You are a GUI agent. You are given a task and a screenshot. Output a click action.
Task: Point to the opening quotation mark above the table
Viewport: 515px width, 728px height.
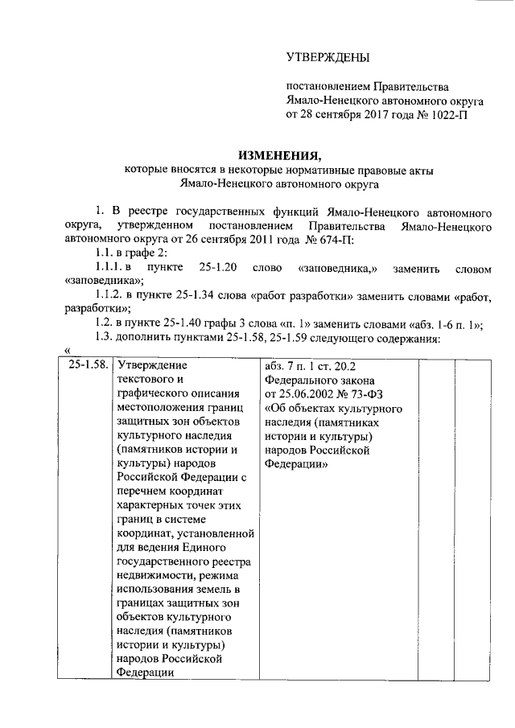68,351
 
